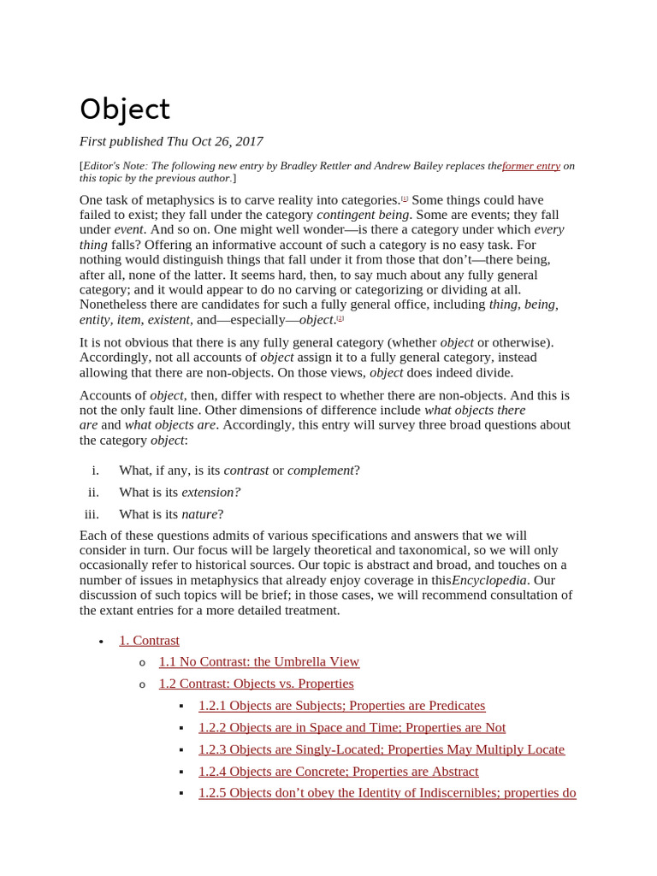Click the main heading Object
tap(125, 109)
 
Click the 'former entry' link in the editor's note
tap(531, 166)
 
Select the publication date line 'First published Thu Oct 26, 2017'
tap(171, 141)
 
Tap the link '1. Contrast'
tap(149, 640)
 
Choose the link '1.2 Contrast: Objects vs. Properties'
tap(256, 684)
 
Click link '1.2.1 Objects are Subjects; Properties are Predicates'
tap(341, 706)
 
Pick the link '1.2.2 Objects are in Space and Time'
tap(352, 727)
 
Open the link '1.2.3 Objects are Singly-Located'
tap(382, 749)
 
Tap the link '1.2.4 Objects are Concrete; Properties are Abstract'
tap(338, 771)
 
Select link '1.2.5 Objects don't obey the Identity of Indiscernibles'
tap(387, 793)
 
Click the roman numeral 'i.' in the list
tap(95, 471)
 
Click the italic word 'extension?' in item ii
tap(211, 493)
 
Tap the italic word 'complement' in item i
tap(320, 471)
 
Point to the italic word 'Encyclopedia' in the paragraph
tap(488, 580)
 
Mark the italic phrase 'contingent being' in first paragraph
tap(363, 215)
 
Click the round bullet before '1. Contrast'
tap(101, 642)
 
